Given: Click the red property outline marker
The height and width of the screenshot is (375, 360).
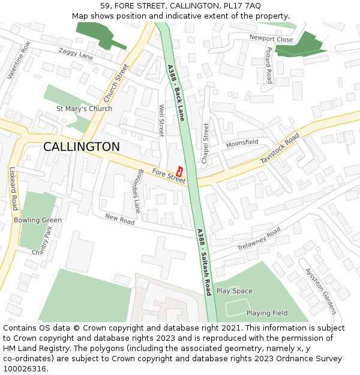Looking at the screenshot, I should [181, 170].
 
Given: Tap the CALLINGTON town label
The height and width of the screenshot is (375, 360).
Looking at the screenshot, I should [82, 147].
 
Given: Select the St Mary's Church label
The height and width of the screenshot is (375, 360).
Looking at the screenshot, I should [84, 109].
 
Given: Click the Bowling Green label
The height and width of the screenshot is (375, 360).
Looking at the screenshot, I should [38, 220].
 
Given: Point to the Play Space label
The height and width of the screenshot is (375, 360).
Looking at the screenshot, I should [235, 291].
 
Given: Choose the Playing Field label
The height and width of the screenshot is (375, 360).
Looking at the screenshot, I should [267, 313].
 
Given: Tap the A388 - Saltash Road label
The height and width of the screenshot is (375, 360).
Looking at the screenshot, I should [204, 262].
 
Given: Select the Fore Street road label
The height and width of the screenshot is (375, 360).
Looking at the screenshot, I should [169, 175].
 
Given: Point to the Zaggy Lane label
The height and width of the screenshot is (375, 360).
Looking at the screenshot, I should [76, 54].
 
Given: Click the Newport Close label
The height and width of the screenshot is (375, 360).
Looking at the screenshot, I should [271, 39].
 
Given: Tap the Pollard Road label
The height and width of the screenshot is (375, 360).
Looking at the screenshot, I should [269, 65].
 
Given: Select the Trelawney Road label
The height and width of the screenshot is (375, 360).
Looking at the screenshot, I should [259, 239].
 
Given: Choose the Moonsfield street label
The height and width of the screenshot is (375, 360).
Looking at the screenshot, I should [242, 144].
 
